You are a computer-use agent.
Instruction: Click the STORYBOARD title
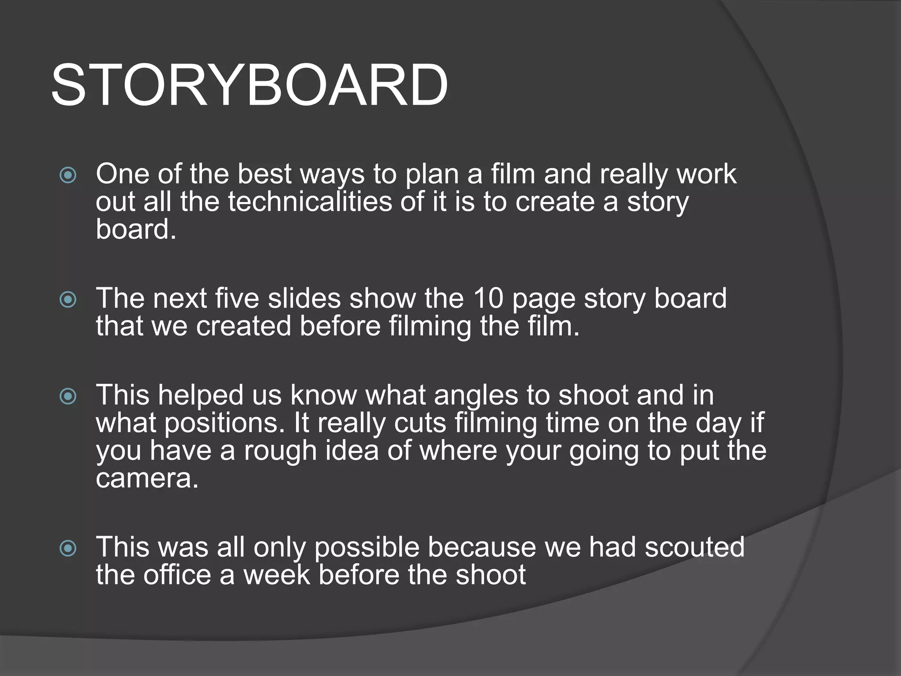click(x=249, y=84)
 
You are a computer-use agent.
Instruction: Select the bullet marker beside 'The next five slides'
click(x=68, y=300)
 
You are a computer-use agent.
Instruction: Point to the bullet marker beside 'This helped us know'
click(x=68, y=397)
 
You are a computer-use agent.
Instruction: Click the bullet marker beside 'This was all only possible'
click(x=68, y=548)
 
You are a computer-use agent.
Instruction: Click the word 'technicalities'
click(x=310, y=202)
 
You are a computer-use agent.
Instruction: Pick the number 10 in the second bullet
click(x=488, y=298)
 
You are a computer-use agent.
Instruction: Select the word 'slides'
click(x=304, y=298)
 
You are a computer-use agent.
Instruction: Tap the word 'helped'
click(x=201, y=395)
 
